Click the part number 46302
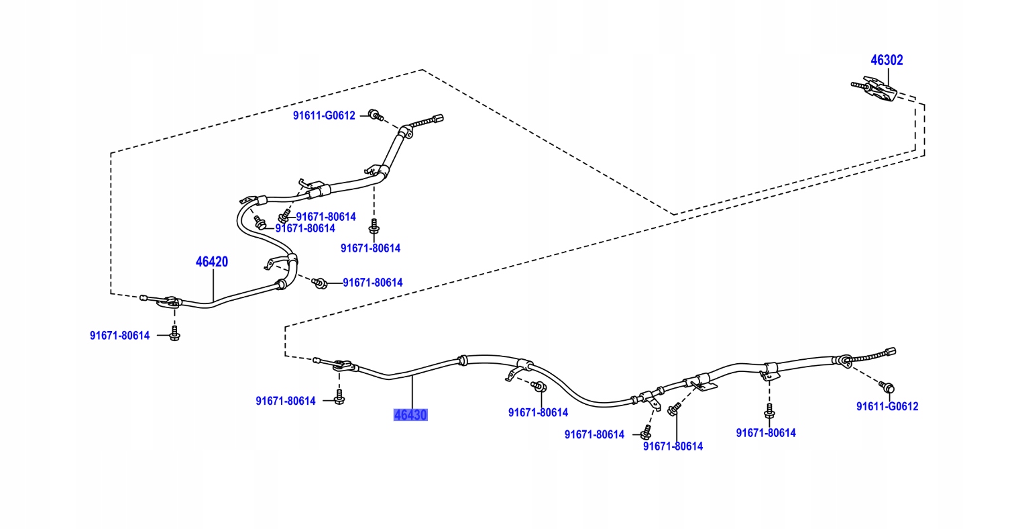click(x=887, y=60)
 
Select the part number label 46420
click(x=212, y=262)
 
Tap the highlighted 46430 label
click(x=410, y=415)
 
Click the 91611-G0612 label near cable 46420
click(x=324, y=115)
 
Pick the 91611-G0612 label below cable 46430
click(x=887, y=406)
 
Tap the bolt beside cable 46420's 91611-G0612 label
click(x=375, y=116)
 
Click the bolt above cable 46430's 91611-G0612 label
click(x=887, y=387)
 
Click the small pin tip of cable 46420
click(x=144, y=297)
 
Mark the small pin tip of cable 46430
click(x=317, y=360)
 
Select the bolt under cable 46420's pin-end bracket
click(x=174, y=334)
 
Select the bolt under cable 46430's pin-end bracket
click(x=339, y=398)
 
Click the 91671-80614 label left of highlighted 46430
click(x=285, y=401)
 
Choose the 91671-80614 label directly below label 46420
click(x=120, y=336)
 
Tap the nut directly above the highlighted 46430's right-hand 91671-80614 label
click(x=537, y=387)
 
